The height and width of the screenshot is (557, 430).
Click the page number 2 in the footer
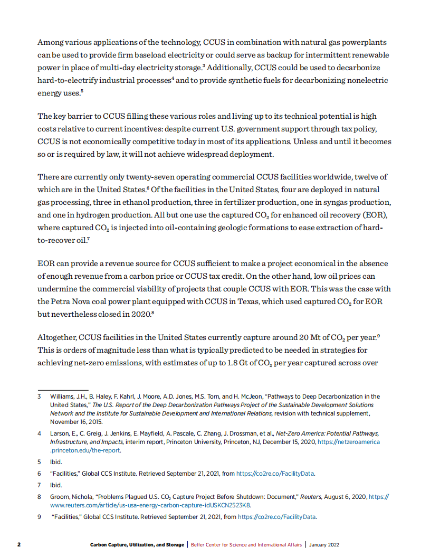[18, 544]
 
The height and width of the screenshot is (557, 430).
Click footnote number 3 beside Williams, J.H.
[39, 396]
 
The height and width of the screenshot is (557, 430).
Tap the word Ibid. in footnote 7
[56, 485]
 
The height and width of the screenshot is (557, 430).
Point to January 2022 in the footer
[327, 544]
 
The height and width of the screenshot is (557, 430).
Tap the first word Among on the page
[51, 42]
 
